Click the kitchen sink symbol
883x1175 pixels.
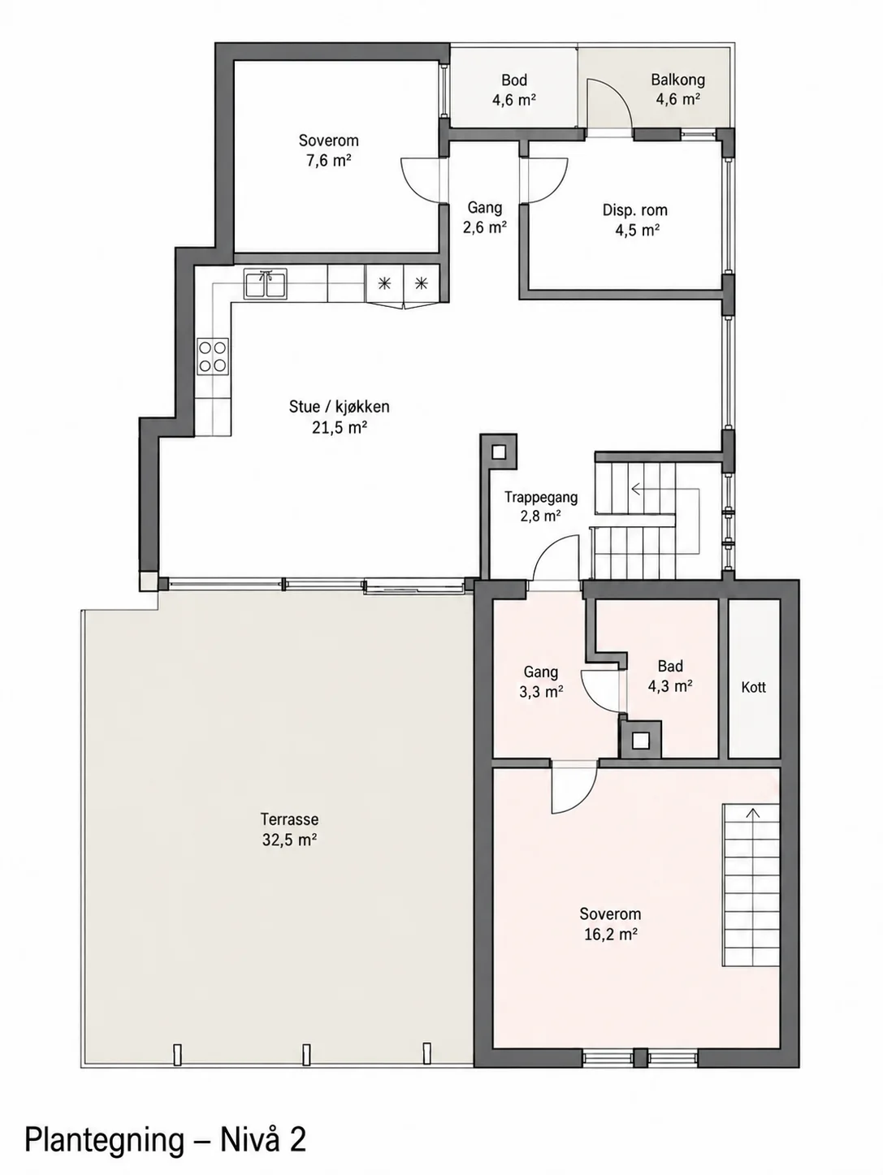tap(266, 283)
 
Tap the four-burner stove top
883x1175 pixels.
tap(212, 356)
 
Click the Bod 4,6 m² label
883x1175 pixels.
tap(514, 90)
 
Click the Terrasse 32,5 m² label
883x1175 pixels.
tap(290, 829)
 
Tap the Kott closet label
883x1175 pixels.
tap(753, 687)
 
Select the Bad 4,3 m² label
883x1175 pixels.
tap(670, 676)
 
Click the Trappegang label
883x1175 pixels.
tap(541, 497)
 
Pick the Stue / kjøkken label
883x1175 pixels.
tap(340, 407)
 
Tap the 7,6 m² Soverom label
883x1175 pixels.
tap(329, 150)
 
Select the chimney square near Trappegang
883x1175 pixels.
tap(499, 452)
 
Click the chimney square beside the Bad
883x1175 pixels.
tap(640, 741)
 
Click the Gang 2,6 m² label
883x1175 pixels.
tap(485, 218)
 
